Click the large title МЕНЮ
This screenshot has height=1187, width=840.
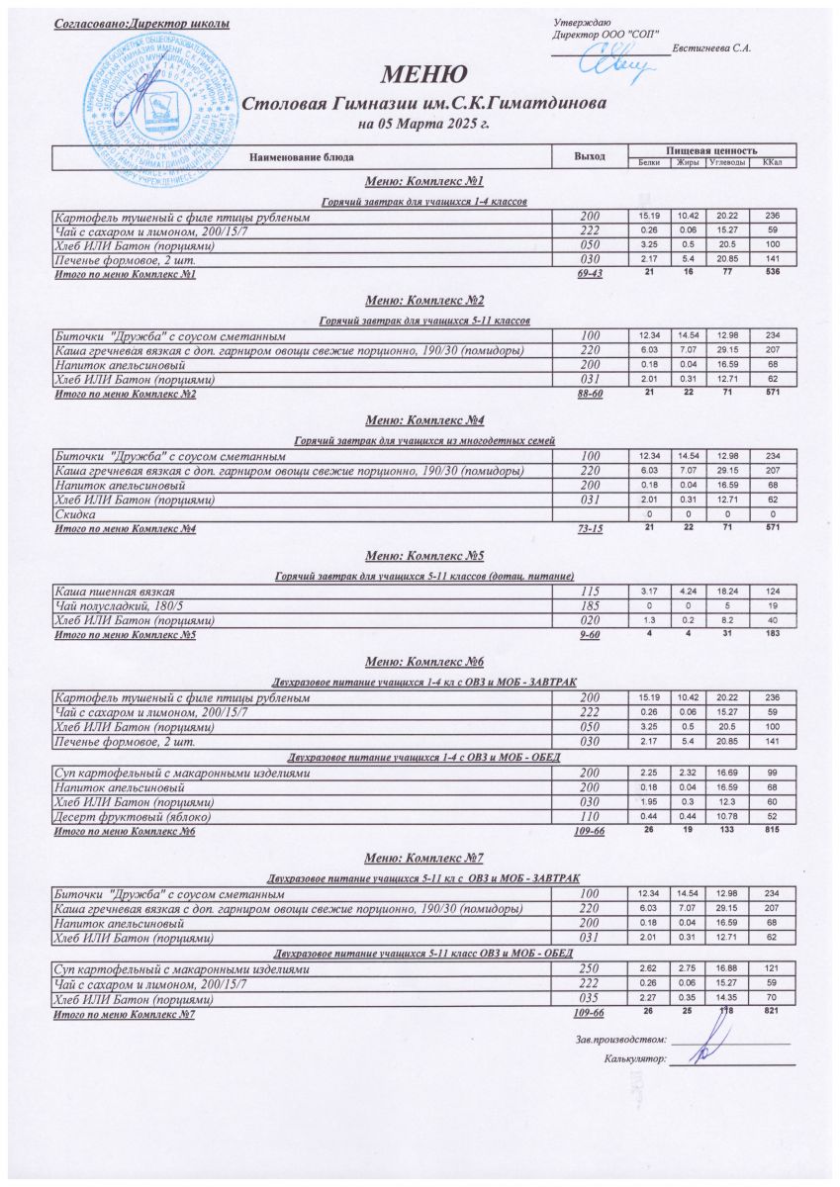424,75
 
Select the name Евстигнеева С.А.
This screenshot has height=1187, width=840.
712,48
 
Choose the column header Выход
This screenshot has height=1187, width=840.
590,156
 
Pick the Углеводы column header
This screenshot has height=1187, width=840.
726,162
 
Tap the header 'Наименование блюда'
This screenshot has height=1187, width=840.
301,156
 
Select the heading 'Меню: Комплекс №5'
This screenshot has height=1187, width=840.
423,556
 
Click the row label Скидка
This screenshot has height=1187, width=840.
75,515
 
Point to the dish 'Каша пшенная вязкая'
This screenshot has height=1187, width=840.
110,592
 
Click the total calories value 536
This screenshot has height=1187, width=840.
773,273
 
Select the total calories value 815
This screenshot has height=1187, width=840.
773,832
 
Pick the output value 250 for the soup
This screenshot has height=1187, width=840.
591,970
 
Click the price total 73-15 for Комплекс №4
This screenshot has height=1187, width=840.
590,530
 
